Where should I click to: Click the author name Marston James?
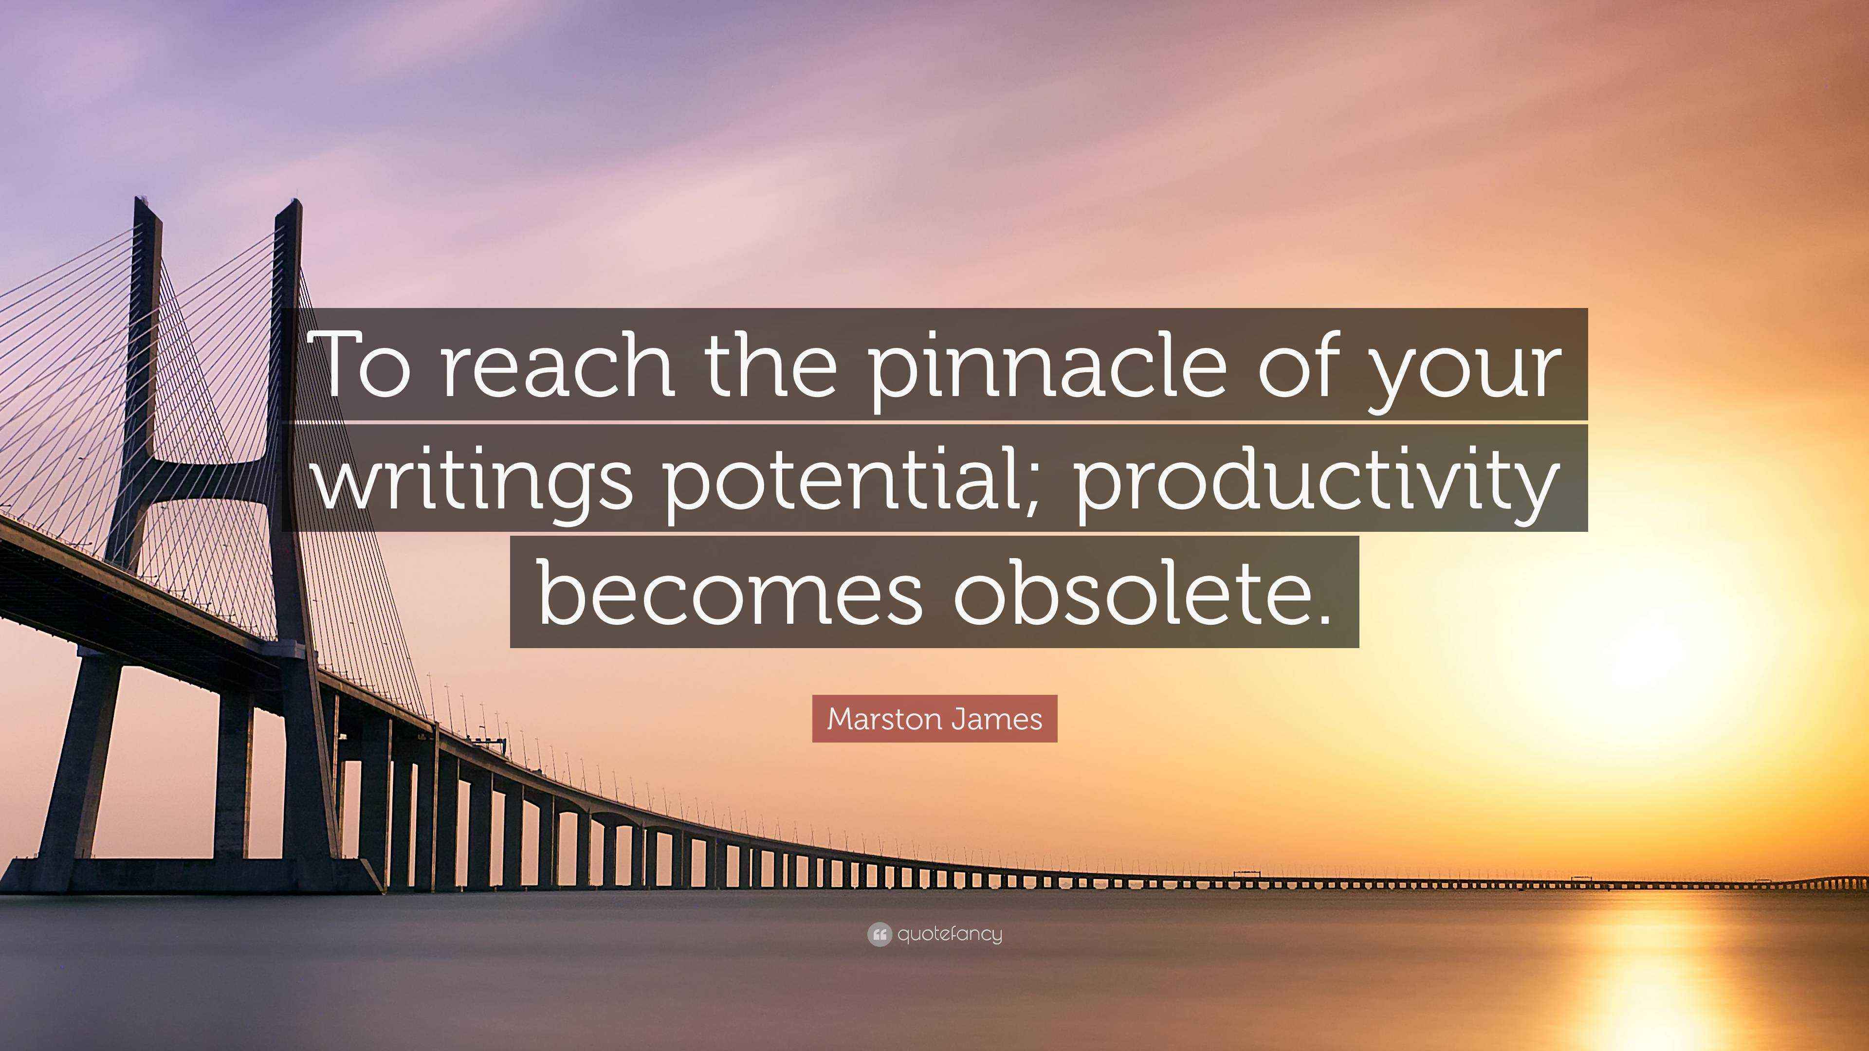point(934,719)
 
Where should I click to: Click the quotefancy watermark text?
point(949,934)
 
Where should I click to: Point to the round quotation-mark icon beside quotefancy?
point(879,935)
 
